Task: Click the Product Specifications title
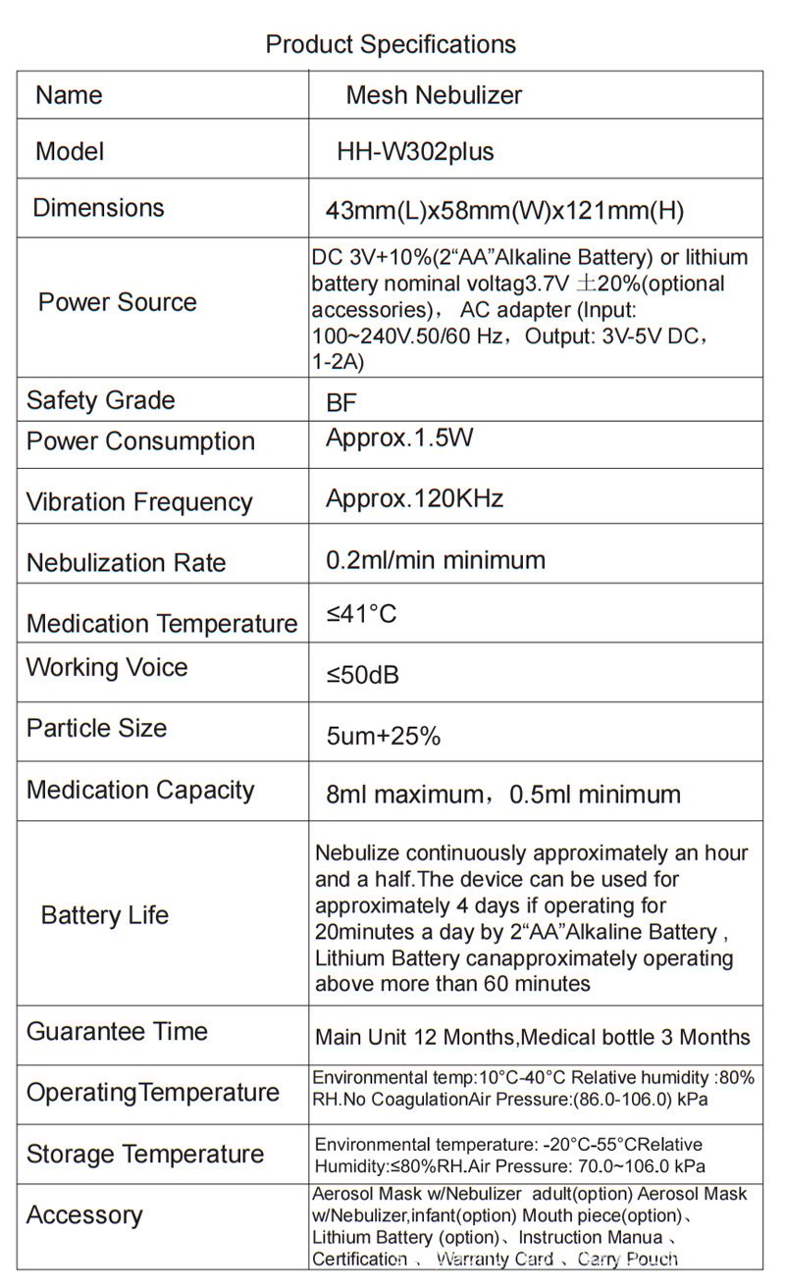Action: point(391,44)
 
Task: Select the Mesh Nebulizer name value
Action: point(434,95)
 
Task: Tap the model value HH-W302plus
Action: point(415,152)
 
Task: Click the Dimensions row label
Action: point(98,208)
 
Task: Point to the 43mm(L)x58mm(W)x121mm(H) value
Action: point(504,211)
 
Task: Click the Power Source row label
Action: point(117,302)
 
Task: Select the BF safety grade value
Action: point(341,403)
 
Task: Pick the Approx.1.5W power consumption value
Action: point(399,438)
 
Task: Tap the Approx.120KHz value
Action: point(414,498)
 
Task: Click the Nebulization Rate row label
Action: point(126,563)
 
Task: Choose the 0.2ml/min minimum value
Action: point(435,560)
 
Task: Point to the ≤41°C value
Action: point(361,615)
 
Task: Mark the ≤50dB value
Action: point(362,676)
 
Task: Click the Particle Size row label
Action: point(96,728)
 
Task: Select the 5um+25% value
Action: point(383,736)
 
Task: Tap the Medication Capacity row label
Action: point(140,791)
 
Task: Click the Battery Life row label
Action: point(104,915)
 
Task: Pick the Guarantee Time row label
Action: point(117,1032)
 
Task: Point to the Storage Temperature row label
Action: point(144,1154)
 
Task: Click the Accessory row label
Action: point(84,1215)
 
